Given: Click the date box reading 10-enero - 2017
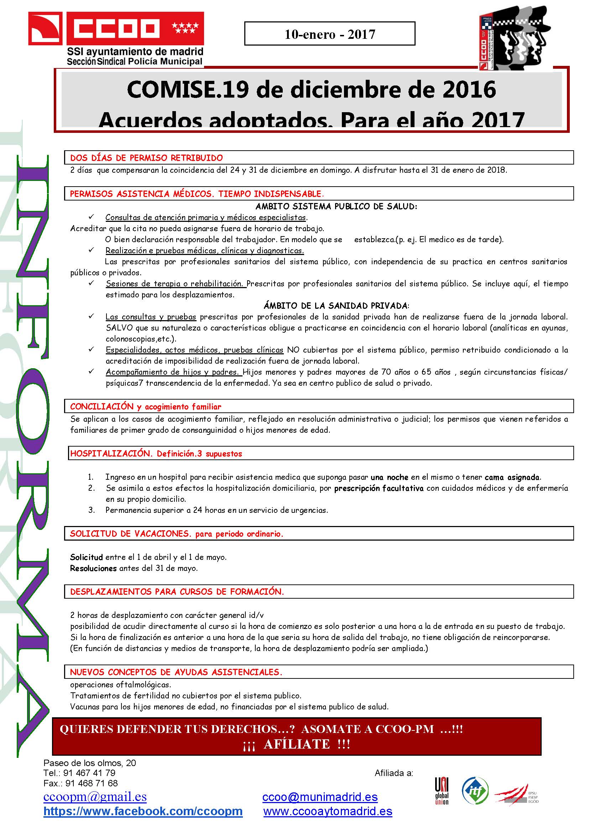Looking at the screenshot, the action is click(330, 34).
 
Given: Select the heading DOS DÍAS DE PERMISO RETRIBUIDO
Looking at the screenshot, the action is click(146, 158).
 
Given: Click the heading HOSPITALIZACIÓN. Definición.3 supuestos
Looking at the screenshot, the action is click(156, 453).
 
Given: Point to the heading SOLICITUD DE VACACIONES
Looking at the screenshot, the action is click(177, 534).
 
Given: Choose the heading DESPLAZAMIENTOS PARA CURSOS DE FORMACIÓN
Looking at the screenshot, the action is click(177, 592).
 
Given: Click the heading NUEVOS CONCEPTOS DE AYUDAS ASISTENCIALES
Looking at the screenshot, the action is click(176, 672).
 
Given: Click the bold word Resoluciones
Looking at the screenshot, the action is click(93, 568).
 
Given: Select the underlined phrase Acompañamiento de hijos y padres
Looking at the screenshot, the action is click(172, 372).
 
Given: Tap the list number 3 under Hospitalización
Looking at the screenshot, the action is click(92, 510).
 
